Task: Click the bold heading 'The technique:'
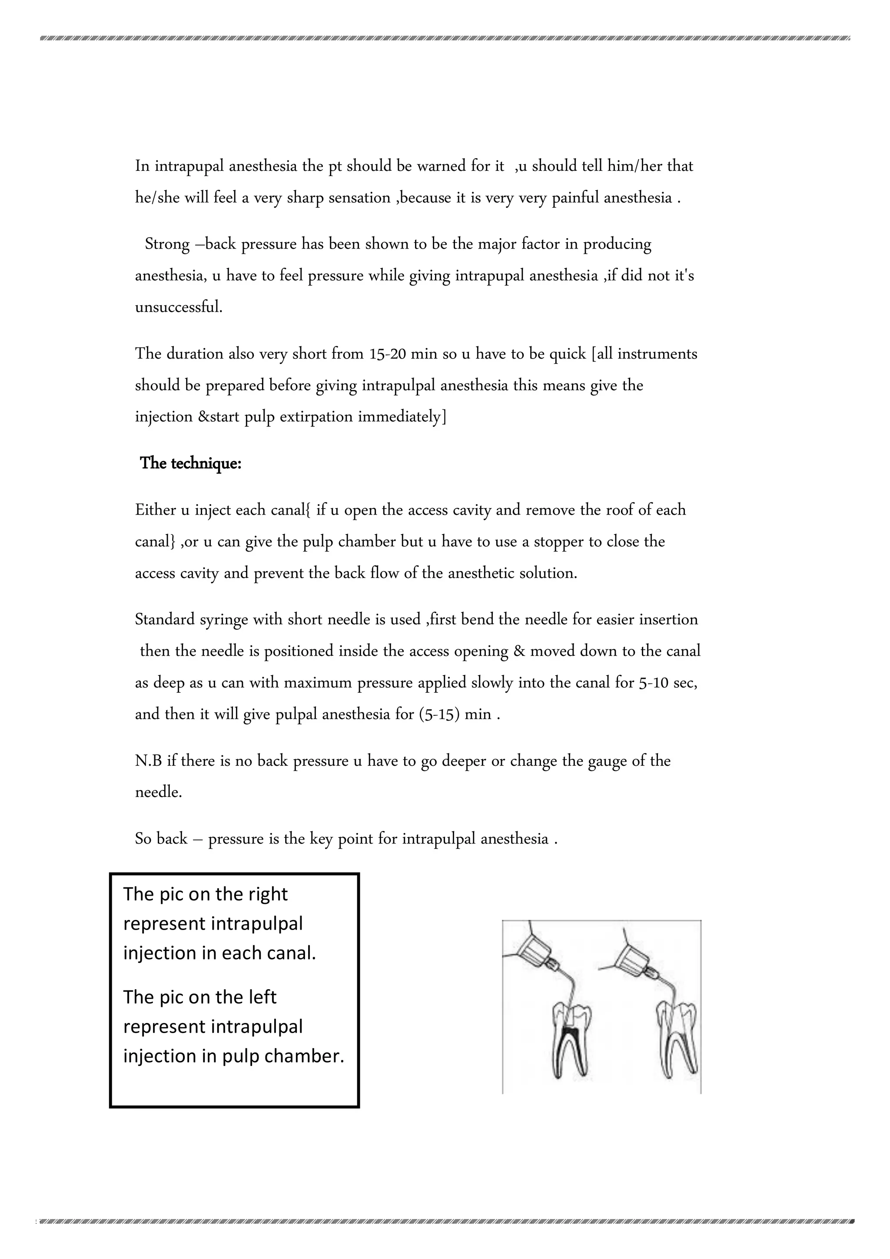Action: [x=190, y=463]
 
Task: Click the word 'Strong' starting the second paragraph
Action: [x=167, y=244]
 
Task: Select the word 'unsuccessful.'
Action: [x=179, y=307]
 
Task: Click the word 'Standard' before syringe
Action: [x=165, y=620]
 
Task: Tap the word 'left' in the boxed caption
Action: [x=262, y=997]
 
